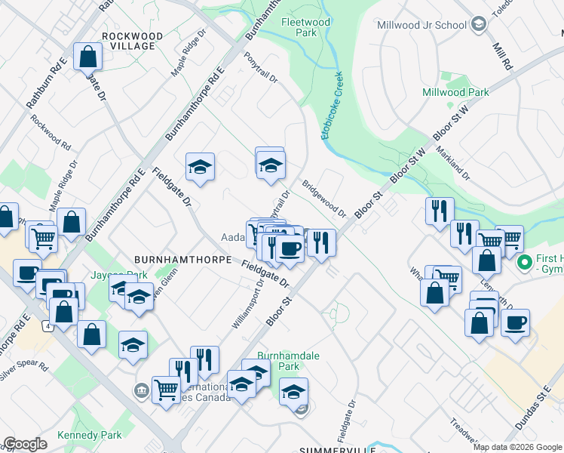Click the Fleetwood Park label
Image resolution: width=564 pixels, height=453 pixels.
pos(305,27)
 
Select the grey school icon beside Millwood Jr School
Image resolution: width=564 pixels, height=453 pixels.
pos(478,25)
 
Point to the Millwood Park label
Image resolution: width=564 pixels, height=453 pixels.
pos(455,92)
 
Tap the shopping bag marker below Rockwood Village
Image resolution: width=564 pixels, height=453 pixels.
pos(88,57)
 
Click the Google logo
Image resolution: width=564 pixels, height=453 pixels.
pos(25,444)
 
